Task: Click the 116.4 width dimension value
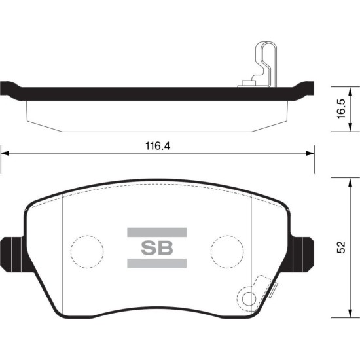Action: (158, 146)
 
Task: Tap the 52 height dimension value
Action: (341, 247)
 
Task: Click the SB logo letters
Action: (157, 247)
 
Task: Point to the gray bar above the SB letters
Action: (157, 232)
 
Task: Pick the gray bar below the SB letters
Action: (157, 263)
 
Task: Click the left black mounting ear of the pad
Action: (12, 255)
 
